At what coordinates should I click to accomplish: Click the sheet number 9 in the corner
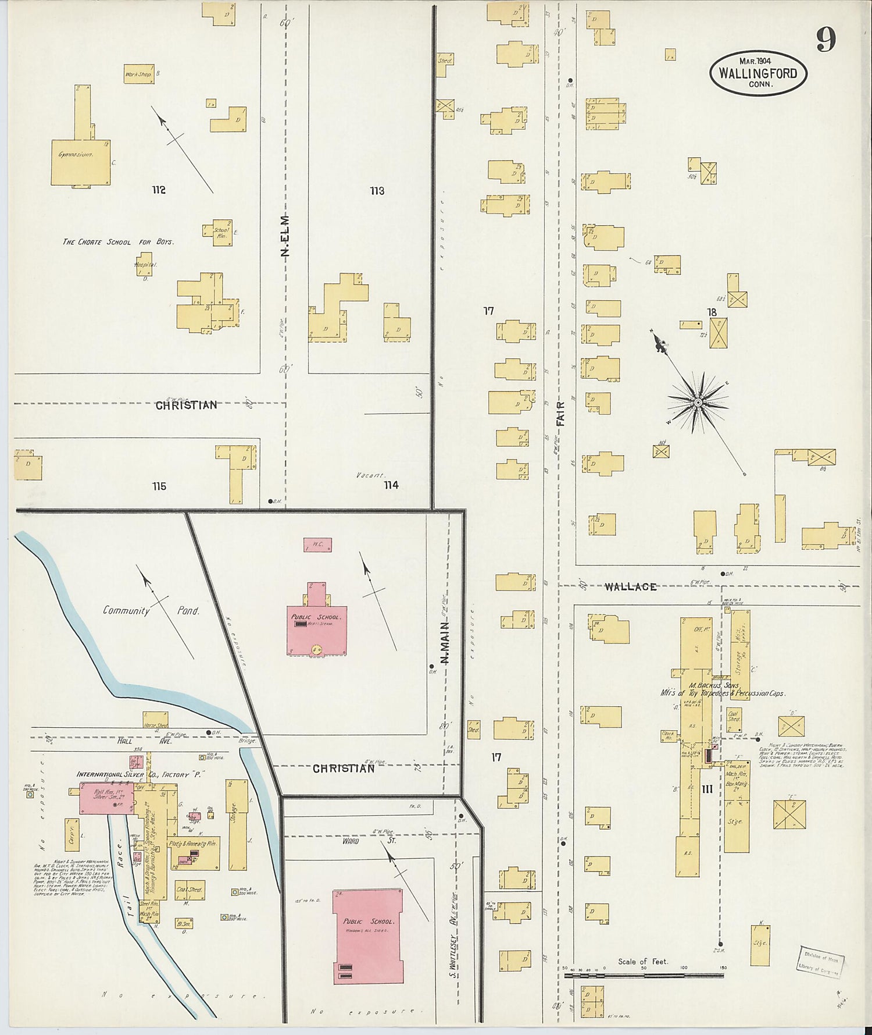[x=825, y=39]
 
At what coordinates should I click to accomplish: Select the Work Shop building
[x=138, y=74]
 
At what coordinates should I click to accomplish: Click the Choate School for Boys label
[x=118, y=241]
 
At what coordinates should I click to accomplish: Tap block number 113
[x=377, y=190]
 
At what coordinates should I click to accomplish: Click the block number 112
[x=158, y=190]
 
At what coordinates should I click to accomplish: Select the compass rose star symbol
[x=697, y=402]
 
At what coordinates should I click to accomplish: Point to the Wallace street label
[x=630, y=586]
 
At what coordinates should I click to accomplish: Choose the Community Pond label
[x=151, y=611]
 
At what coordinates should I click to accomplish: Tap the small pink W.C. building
[x=317, y=545]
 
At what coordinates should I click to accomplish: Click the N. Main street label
[x=446, y=642]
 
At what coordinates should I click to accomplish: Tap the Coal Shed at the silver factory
[x=189, y=890]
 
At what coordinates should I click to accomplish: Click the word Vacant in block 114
[x=370, y=475]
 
